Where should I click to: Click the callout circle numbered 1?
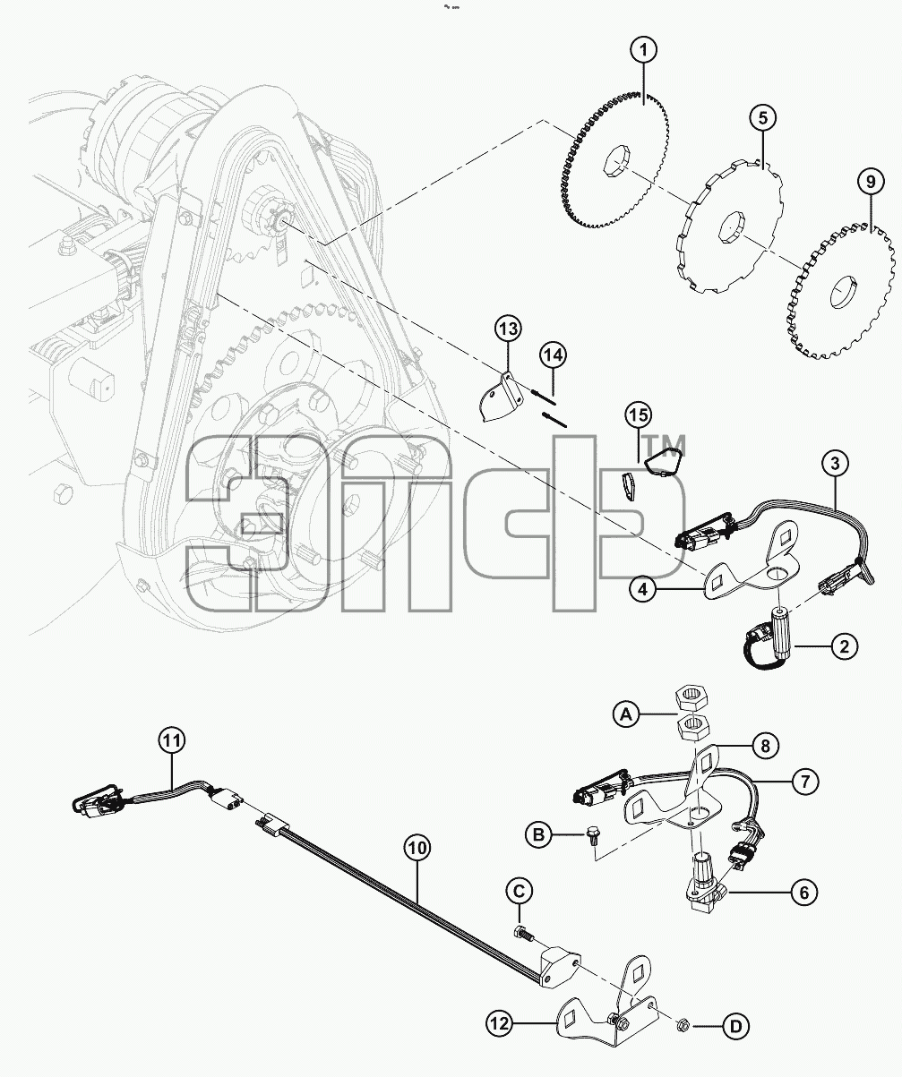(643, 50)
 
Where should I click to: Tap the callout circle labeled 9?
(871, 182)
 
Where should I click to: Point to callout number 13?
(508, 329)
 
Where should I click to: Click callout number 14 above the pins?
(553, 355)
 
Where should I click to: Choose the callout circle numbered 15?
(639, 415)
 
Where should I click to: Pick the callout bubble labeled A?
(626, 715)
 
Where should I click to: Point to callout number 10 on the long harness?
(417, 849)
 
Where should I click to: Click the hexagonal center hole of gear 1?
(615, 162)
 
